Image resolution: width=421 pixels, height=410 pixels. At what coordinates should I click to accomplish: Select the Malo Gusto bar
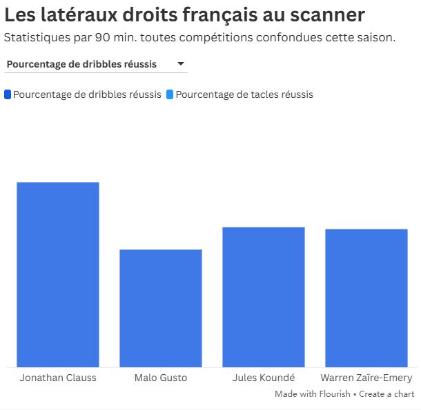point(161,308)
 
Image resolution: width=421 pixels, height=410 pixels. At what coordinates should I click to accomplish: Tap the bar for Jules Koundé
point(264,297)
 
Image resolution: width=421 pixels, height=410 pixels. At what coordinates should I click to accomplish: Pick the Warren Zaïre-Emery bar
point(366,298)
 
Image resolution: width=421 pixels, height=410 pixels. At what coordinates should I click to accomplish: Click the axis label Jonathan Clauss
point(58,378)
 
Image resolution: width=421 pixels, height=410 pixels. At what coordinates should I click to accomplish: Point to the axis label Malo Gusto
point(161,378)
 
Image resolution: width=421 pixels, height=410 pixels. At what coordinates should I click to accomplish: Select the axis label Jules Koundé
point(264,378)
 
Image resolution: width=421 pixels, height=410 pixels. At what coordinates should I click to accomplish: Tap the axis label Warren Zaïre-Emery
point(366,378)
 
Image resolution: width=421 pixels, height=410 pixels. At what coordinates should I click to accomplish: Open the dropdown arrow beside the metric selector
point(181,64)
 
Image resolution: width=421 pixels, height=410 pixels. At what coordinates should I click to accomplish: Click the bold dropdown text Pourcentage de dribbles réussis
point(81,64)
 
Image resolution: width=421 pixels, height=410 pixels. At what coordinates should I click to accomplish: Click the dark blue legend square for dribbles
point(8,94)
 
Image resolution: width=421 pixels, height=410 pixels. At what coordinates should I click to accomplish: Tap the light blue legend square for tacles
point(170,94)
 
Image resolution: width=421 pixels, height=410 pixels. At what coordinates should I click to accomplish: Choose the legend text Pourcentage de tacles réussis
point(244,94)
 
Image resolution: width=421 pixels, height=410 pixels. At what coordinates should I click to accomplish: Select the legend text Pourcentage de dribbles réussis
point(87,94)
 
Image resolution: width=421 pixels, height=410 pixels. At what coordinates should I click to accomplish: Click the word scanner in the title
point(324,14)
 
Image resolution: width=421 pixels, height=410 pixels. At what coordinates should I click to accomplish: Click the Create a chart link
point(386,394)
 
